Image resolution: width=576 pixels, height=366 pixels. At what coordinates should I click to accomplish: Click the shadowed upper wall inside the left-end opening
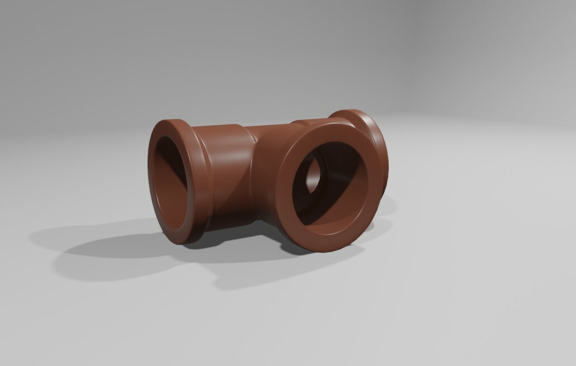(x=168, y=151)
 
